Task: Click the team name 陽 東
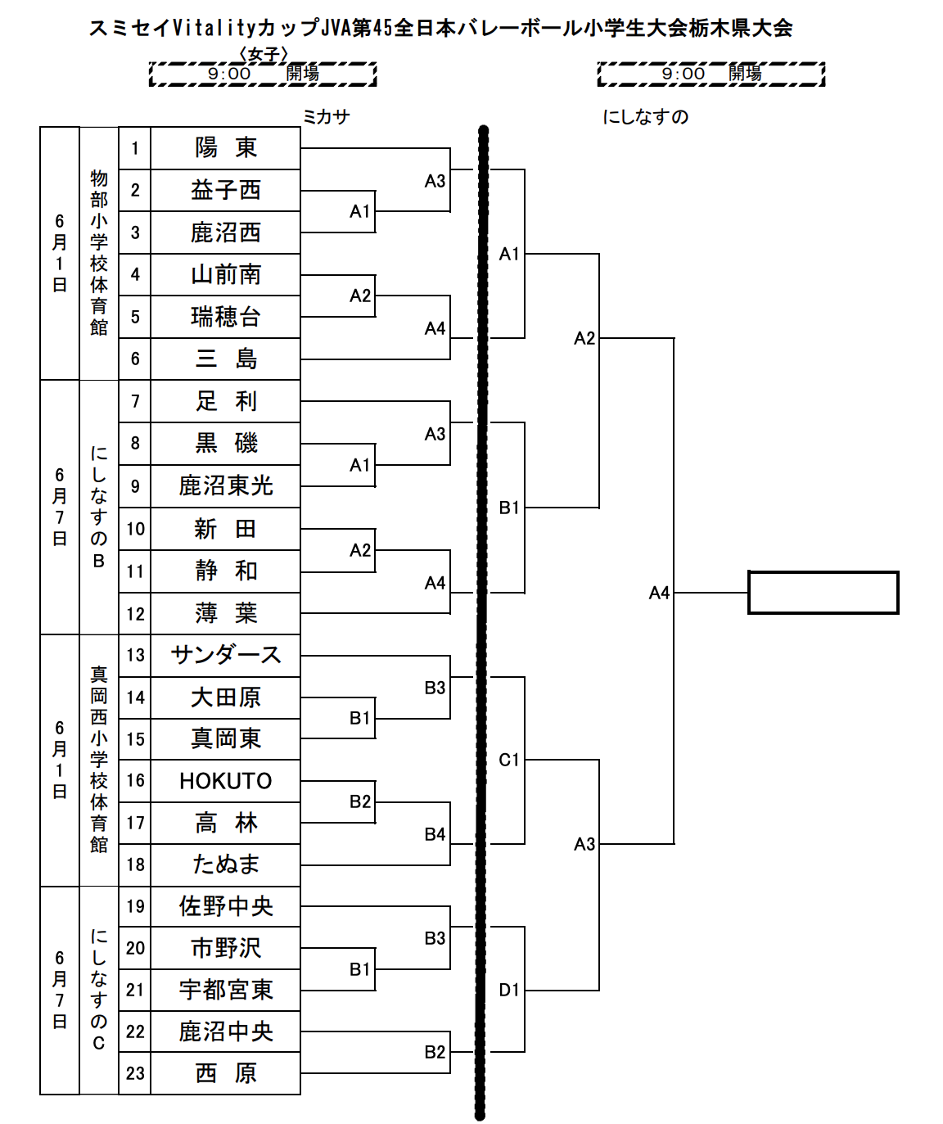(226, 148)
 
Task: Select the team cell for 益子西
(226, 190)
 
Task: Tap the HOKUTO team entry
(226, 781)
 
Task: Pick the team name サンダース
(226, 655)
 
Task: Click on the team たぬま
(226, 864)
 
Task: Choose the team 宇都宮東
(226, 990)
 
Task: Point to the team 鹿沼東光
(226, 486)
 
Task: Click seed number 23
(135, 1073)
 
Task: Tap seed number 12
(135, 614)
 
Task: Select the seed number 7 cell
(135, 401)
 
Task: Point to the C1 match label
(508, 760)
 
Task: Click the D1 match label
(508, 990)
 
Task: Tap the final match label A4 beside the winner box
(659, 593)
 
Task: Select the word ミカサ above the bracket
(326, 116)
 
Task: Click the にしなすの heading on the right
(645, 116)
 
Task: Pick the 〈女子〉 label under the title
(264, 54)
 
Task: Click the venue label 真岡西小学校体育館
(98, 760)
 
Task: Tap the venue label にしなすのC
(98, 990)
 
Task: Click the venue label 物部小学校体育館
(98, 253)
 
